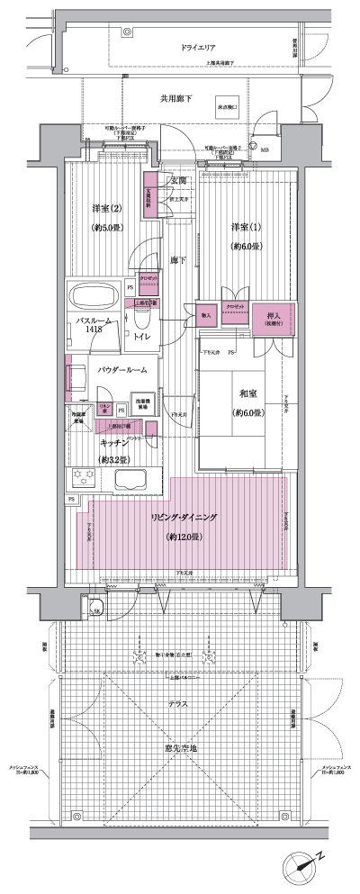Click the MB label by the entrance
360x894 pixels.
click(263, 149)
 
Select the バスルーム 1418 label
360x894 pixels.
click(95, 323)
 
